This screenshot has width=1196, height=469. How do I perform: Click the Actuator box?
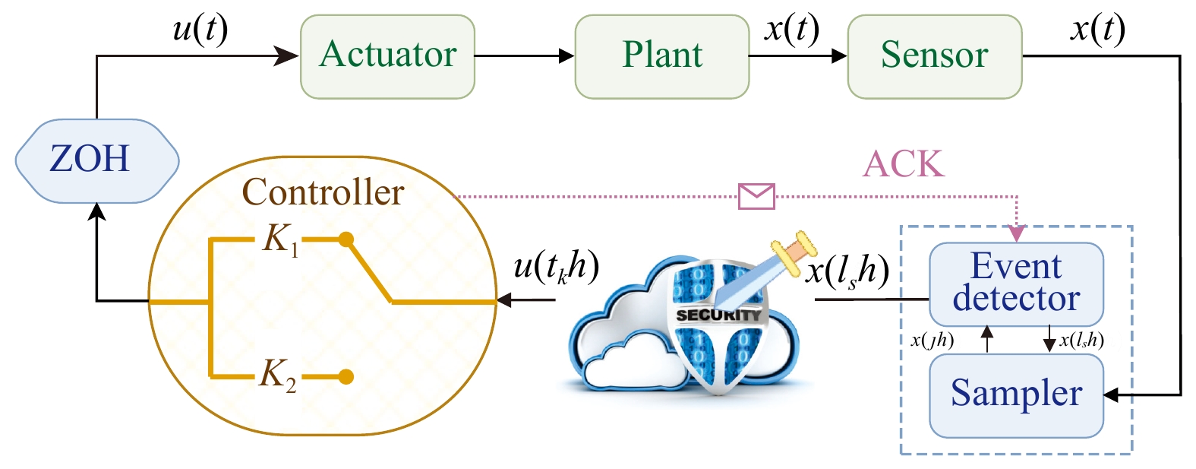[387, 56]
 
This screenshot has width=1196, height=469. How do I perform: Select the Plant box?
[661, 56]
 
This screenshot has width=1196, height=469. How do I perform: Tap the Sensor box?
[934, 56]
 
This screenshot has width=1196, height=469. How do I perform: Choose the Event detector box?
[1016, 284]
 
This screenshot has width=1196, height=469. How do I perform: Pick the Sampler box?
[1016, 395]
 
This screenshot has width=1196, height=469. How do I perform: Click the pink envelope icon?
[756, 196]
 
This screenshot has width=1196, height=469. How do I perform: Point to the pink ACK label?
[904, 163]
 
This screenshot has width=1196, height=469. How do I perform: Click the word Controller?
[323, 192]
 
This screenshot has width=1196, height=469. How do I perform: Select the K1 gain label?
[280, 240]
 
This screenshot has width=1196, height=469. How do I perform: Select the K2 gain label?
[278, 375]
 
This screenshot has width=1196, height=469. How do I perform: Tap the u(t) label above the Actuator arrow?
[200, 30]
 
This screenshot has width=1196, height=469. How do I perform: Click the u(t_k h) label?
[556, 268]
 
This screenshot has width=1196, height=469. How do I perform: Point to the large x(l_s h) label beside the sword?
[847, 271]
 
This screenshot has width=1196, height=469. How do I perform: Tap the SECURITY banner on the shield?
[718, 315]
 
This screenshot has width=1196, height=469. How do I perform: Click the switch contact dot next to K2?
[346, 376]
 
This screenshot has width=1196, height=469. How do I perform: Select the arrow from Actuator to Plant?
[524, 55]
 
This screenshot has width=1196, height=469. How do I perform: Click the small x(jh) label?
[932, 341]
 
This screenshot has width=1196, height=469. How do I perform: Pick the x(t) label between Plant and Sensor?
[792, 30]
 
